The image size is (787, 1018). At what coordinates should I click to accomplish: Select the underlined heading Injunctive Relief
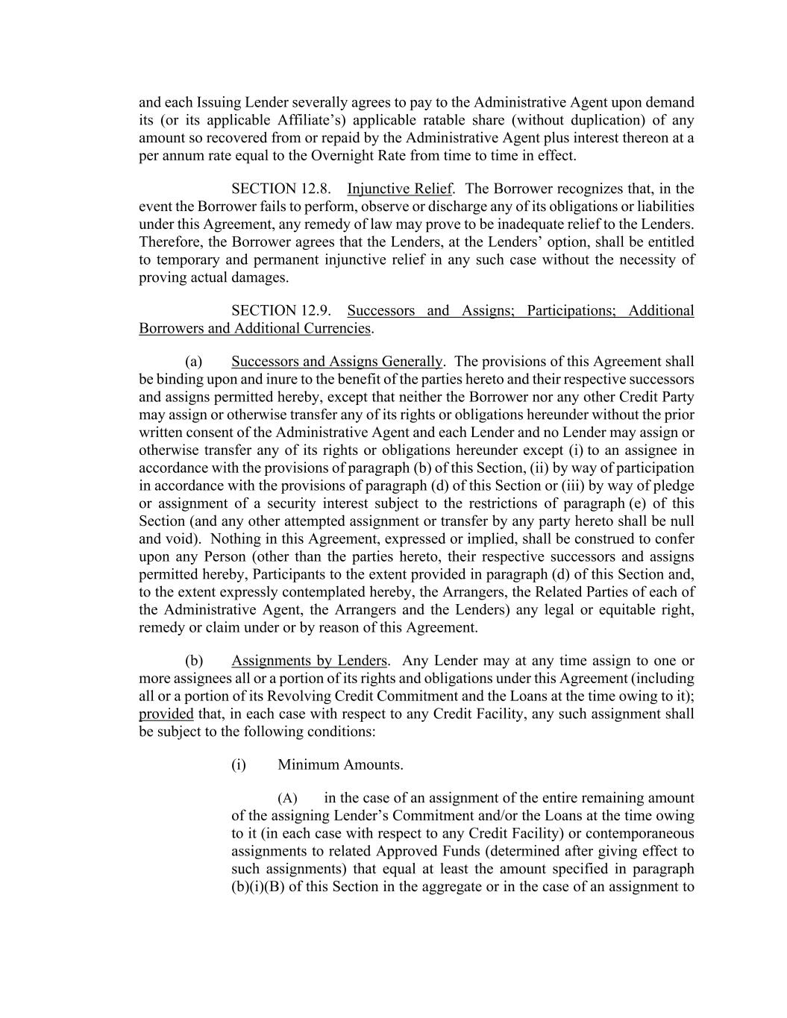click(x=399, y=189)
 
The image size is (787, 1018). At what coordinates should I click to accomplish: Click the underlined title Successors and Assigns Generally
click(x=336, y=362)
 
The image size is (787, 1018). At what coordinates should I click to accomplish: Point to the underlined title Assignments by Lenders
click(x=309, y=661)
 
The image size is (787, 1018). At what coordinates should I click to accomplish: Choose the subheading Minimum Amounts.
click(x=340, y=764)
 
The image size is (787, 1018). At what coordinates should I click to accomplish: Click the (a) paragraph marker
click(x=194, y=362)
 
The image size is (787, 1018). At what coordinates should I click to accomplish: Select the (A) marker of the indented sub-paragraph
click(x=287, y=798)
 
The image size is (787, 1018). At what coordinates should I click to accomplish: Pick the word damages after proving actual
click(x=261, y=277)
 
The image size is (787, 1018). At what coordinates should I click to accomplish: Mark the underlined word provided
click(x=166, y=714)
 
